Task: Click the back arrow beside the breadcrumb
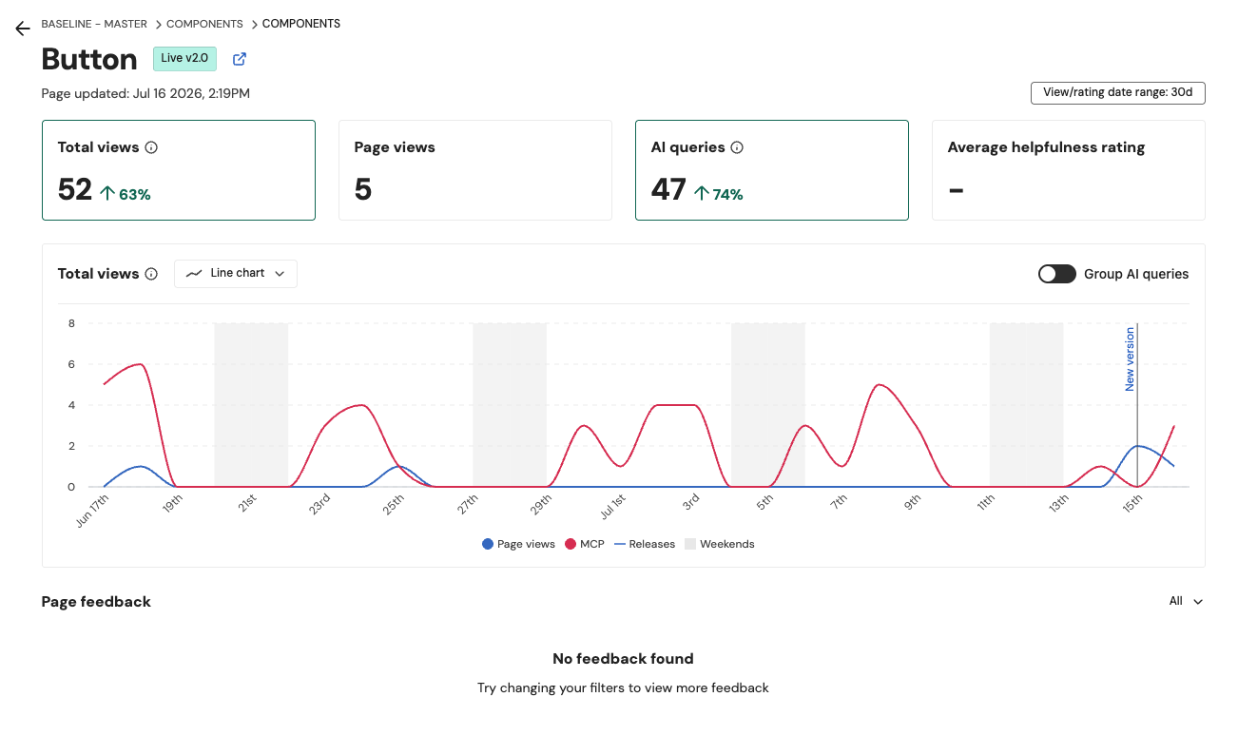[23, 29]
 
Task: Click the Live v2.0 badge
[184, 59]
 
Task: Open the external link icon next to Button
[240, 59]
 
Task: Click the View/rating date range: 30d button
[1117, 93]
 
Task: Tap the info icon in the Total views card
[151, 147]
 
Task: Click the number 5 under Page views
[363, 189]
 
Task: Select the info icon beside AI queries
[737, 147]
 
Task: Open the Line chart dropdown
[236, 274]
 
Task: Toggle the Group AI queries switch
[1056, 274]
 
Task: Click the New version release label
[1130, 359]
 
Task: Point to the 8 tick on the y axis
[71, 323]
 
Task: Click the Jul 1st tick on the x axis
[613, 507]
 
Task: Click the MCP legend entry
[585, 544]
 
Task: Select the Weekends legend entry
[720, 544]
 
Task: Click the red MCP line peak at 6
[141, 364]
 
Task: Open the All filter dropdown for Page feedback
[1186, 601]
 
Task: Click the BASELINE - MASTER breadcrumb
[94, 24]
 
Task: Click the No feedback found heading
[623, 659]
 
